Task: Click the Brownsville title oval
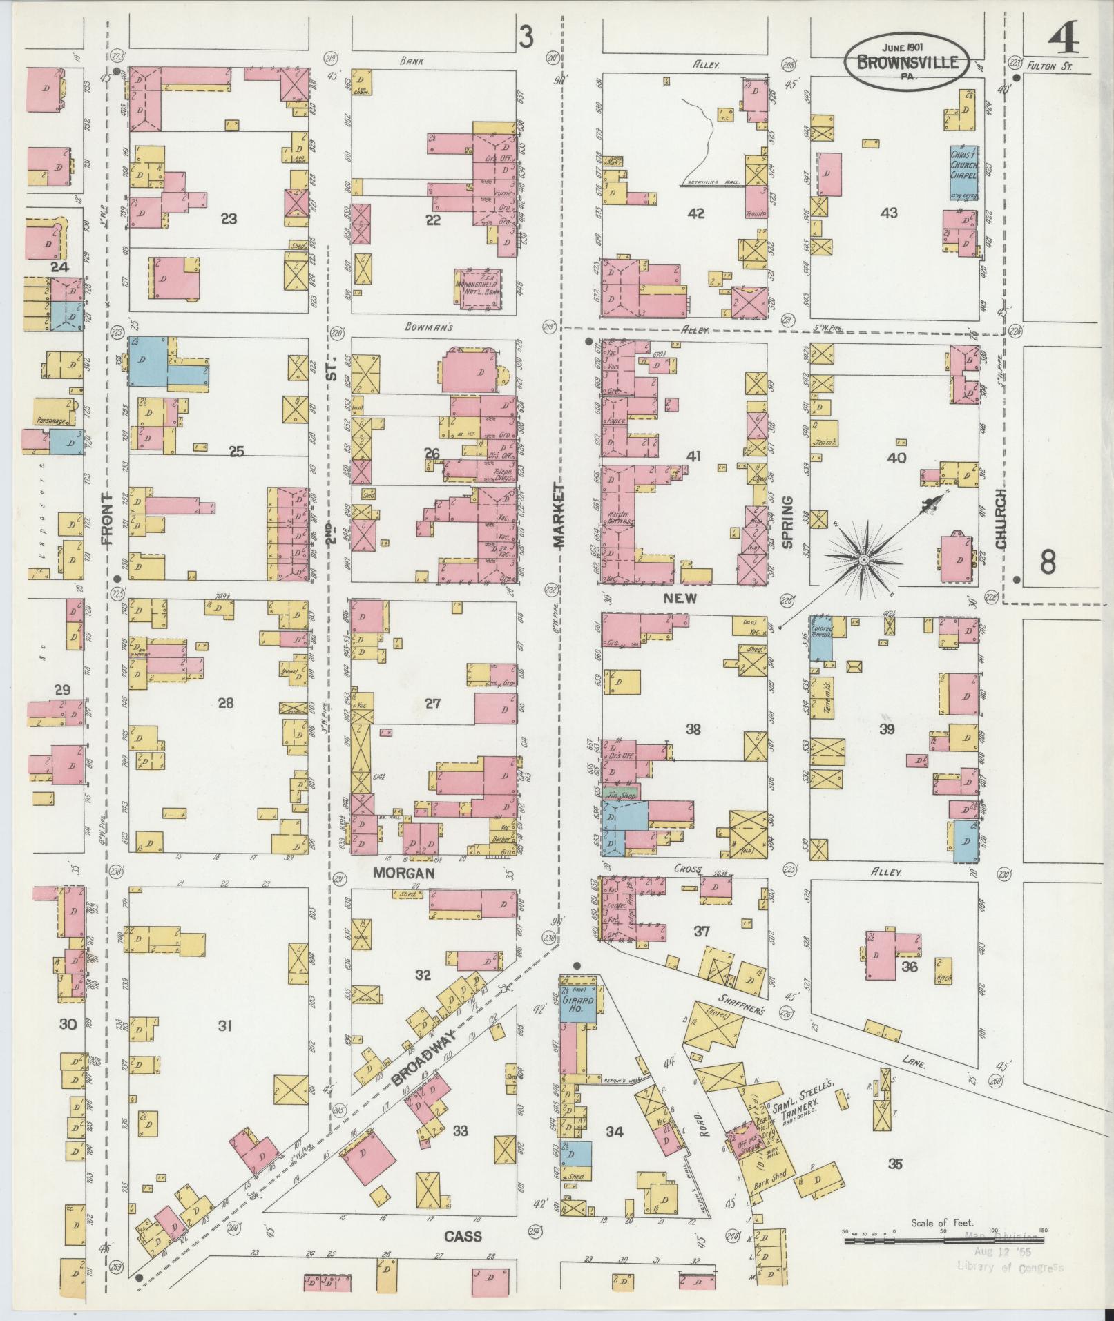point(907,61)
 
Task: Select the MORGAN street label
point(403,873)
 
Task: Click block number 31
point(224,1026)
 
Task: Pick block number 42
point(695,213)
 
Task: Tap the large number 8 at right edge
point(1048,563)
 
